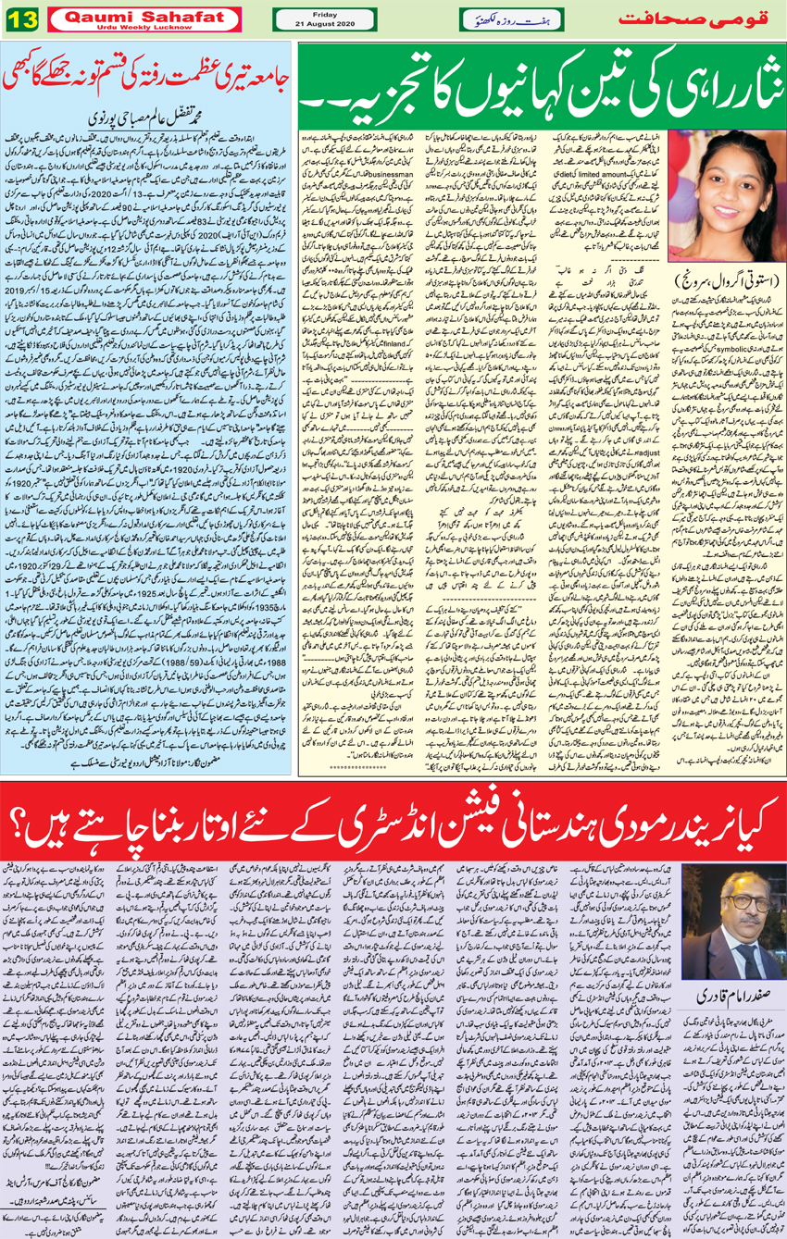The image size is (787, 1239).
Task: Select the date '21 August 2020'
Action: (324, 23)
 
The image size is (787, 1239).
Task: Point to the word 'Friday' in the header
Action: (324, 13)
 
